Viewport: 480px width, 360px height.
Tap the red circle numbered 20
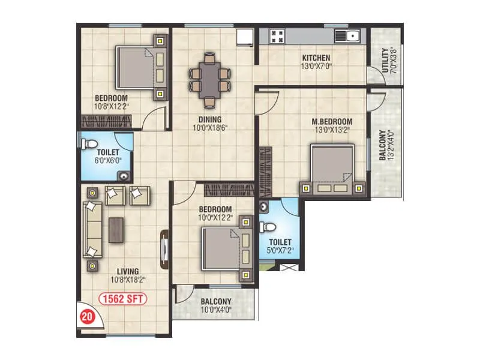(x=87, y=316)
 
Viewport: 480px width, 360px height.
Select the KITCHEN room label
(x=316, y=58)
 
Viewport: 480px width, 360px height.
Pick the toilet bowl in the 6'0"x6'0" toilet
(x=90, y=144)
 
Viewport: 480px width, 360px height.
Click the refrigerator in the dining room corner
(x=244, y=37)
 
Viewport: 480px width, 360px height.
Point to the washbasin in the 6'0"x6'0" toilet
(x=124, y=175)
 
